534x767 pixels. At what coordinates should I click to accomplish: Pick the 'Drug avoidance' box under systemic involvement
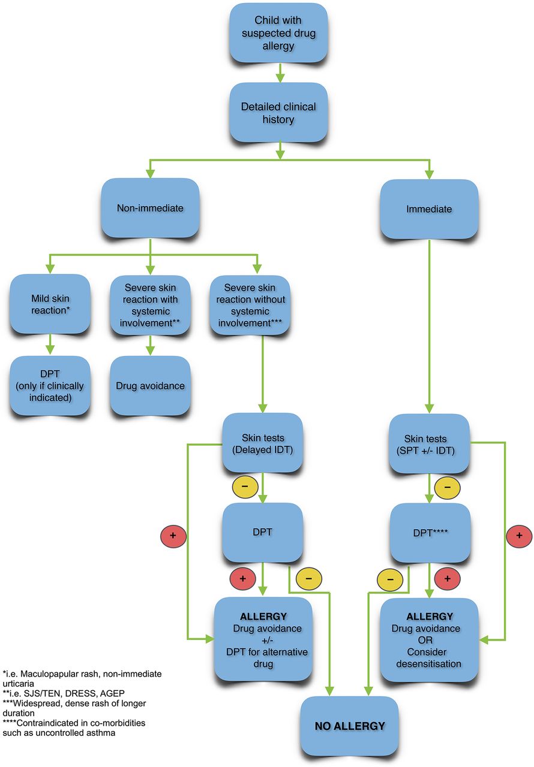click(x=150, y=386)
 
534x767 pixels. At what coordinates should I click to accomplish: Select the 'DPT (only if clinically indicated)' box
click(x=50, y=386)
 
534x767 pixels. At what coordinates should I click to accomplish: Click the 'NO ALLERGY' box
click(x=350, y=726)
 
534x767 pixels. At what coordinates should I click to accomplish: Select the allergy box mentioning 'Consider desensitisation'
click(x=428, y=639)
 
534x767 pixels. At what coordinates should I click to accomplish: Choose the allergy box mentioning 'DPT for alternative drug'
click(x=262, y=639)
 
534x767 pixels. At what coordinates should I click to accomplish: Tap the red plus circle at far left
click(x=172, y=535)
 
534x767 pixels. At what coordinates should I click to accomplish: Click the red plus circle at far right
click(x=518, y=535)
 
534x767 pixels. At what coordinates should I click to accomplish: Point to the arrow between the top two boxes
click(x=279, y=71)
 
